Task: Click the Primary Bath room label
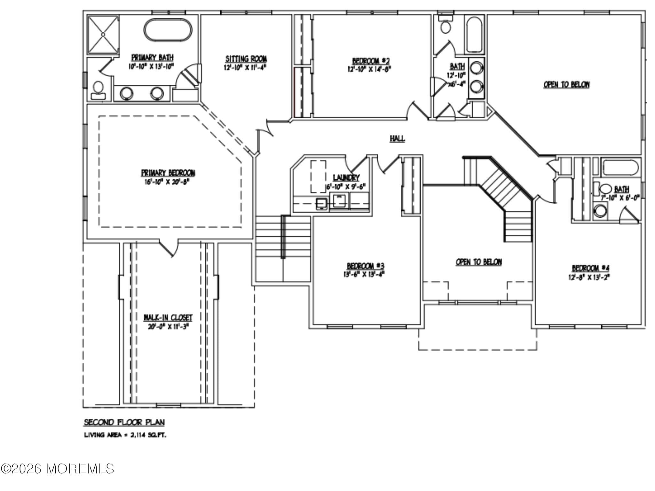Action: (x=153, y=58)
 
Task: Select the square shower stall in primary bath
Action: (x=103, y=34)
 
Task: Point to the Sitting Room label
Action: (x=246, y=59)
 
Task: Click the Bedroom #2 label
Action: (x=371, y=61)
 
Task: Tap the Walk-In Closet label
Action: (x=168, y=318)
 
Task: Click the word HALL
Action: (x=397, y=139)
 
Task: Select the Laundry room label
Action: (x=346, y=178)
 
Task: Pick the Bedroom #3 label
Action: (x=365, y=266)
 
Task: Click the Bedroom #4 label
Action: (x=588, y=268)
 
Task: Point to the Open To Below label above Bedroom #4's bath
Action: (x=566, y=85)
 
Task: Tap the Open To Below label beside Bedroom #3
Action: (x=478, y=262)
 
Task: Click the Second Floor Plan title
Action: (x=124, y=423)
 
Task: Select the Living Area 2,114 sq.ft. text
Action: (x=125, y=435)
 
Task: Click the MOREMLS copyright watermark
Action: (x=57, y=469)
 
